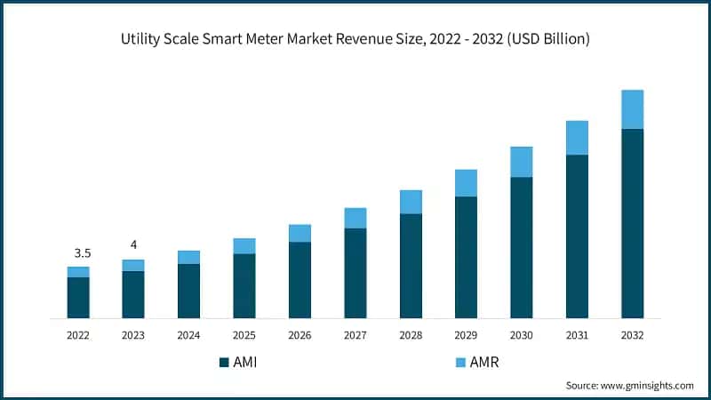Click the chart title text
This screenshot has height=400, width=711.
pos(355,40)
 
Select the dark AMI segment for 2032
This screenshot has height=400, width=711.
pos(632,223)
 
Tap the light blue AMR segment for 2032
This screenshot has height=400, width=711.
pos(632,109)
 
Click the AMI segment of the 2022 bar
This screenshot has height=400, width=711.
pos(78,298)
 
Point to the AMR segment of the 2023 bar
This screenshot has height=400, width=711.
pos(133,265)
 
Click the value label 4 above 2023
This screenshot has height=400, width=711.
pos(133,244)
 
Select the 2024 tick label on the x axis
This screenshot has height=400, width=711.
pos(188,335)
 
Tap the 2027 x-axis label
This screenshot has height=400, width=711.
pos(355,335)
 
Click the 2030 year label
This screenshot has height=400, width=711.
pos(521,335)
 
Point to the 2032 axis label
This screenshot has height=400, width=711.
pos(632,335)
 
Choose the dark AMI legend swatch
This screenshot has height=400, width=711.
pos(223,363)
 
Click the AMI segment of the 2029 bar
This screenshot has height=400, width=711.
pos(466,257)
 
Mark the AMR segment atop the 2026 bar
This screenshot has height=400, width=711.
pos(300,233)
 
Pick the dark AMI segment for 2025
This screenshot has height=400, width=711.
pos(244,285)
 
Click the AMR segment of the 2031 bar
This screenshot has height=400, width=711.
pos(577,138)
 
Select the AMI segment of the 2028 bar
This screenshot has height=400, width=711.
pos(411,266)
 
